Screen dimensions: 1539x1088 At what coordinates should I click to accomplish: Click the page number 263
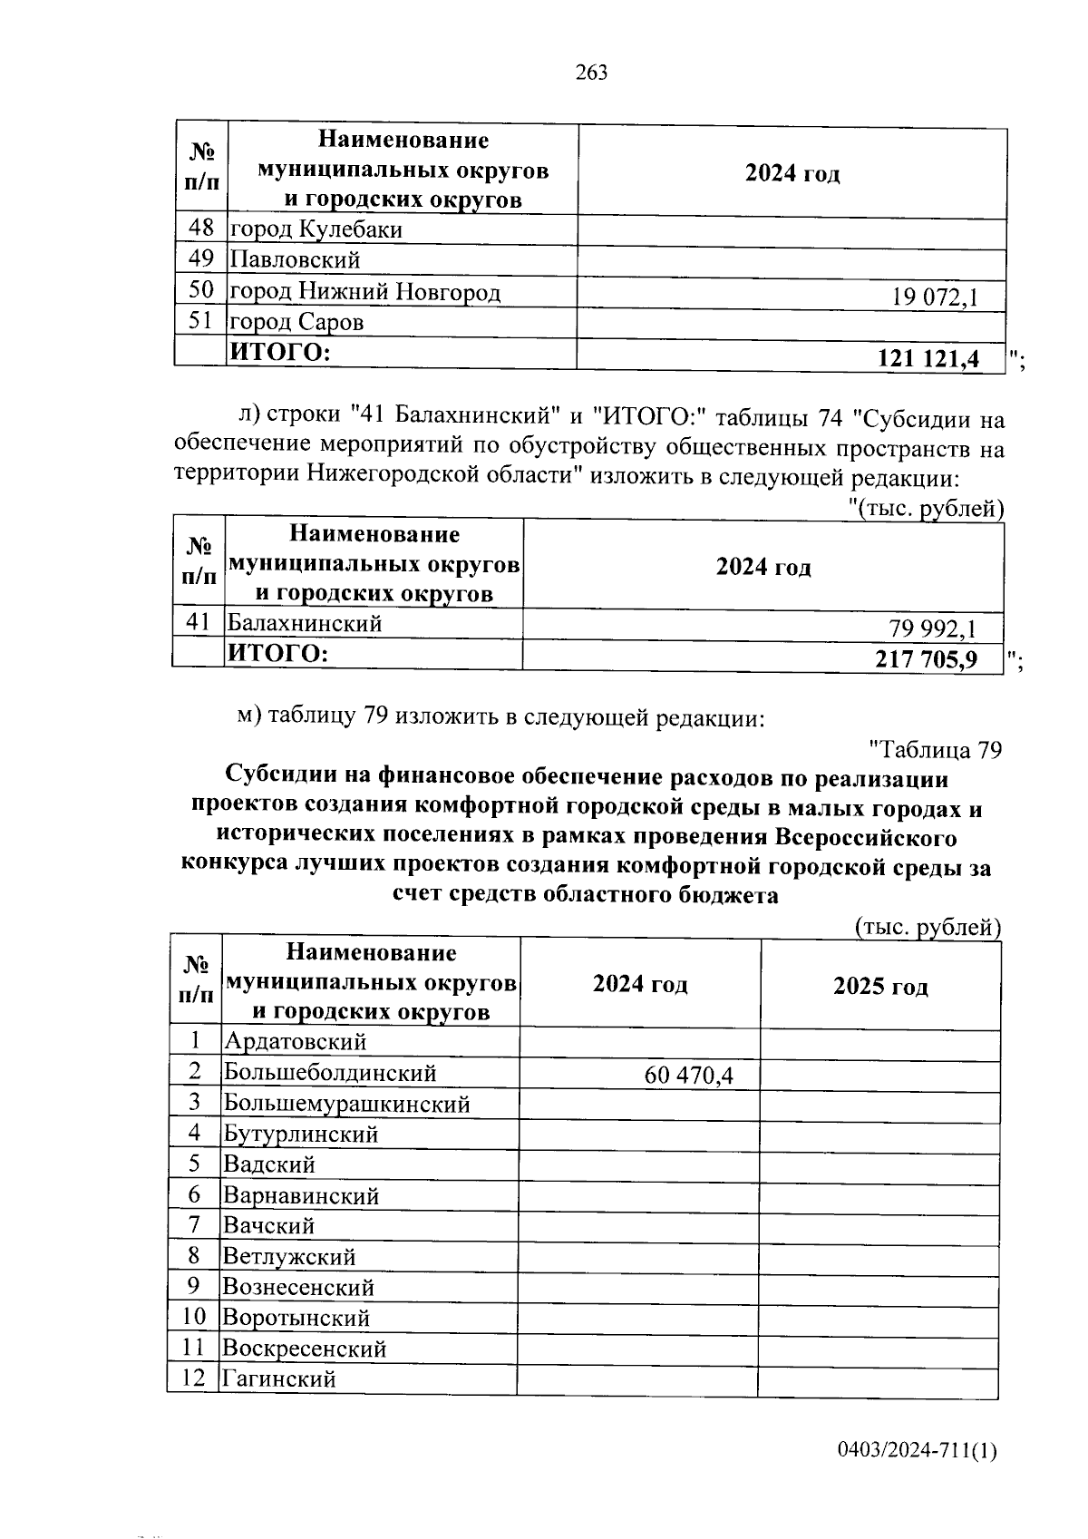point(591,73)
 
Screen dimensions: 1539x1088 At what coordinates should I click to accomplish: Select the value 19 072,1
point(935,297)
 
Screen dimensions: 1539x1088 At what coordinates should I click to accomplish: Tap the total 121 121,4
point(928,359)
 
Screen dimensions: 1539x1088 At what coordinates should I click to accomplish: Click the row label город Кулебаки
point(316,229)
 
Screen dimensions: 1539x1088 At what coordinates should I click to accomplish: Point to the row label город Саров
point(296,322)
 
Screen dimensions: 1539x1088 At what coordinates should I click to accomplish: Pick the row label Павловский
point(295,260)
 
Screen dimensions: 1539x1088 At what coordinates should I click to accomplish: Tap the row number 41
point(198,622)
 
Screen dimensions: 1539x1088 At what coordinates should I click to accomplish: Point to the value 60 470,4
point(688,1076)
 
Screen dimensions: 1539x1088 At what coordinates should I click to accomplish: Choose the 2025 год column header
point(879,987)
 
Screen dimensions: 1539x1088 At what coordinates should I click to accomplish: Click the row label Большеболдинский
point(330,1073)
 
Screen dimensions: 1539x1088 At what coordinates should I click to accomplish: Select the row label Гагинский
point(279,1379)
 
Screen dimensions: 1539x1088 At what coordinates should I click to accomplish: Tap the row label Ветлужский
point(289,1257)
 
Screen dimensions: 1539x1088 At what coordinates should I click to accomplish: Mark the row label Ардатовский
point(295,1042)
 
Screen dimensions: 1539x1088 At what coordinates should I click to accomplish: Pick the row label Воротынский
point(296,1318)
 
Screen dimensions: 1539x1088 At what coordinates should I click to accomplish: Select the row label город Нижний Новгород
point(364,291)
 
